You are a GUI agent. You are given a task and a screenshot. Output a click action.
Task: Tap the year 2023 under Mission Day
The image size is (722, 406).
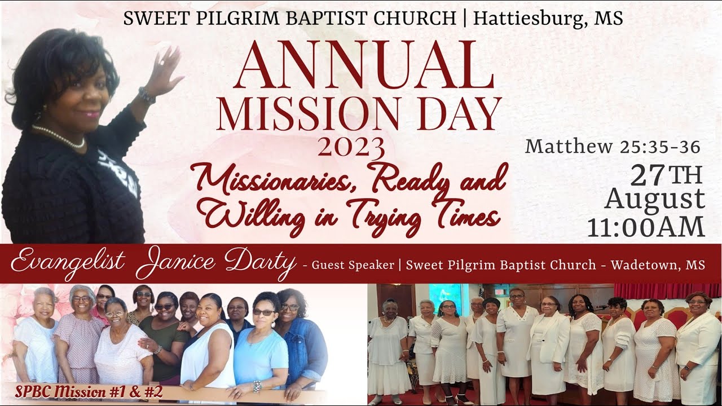(351, 148)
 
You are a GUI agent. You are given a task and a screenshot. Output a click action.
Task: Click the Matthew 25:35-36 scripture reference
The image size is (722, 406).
(613, 147)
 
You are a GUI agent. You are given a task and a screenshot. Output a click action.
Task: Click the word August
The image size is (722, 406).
(654, 199)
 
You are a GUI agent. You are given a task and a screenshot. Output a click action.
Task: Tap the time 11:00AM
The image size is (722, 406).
(646, 226)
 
